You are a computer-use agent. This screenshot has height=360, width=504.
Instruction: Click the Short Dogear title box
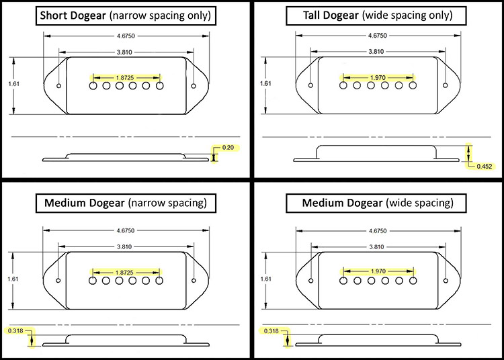(126, 15)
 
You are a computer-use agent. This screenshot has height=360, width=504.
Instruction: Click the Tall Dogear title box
(376, 15)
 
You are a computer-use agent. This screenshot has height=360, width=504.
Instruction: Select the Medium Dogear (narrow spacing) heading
(126, 203)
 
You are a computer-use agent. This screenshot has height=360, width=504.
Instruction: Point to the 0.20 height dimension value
(228, 148)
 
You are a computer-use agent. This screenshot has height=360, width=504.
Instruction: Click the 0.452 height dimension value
(484, 167)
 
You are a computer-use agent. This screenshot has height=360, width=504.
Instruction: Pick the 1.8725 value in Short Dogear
(125, 78)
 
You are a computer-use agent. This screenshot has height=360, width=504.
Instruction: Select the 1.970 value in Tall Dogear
(378, 78)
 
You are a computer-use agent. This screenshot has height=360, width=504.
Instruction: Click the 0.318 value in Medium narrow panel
(15, 330)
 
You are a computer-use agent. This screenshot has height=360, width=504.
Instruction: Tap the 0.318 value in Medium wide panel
(271, 330)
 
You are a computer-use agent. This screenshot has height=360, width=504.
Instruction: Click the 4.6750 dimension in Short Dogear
(126, 36)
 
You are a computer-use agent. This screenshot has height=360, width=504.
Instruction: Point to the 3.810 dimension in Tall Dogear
(376, 52)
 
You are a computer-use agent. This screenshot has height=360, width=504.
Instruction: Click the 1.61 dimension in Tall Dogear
(265, 83)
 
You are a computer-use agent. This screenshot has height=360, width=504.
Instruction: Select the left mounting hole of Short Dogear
(59, 86)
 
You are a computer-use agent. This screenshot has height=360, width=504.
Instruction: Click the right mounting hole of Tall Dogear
(445, 85)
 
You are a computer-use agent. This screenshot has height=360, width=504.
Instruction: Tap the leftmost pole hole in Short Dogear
(93, 86)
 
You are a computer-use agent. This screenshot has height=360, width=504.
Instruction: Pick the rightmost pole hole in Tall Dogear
(413, 85)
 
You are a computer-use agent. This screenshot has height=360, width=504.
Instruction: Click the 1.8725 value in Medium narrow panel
(124, 273)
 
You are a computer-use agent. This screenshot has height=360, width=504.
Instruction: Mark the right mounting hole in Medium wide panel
(446, 281)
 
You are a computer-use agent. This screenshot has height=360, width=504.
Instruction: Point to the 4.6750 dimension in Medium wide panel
(378, 230)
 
